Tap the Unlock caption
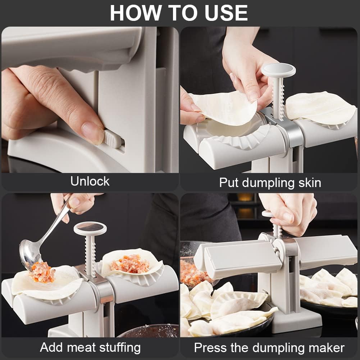(90, 181)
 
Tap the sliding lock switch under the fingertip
(113, 138)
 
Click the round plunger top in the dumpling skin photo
(278, 69)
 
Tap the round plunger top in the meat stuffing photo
(90, 228)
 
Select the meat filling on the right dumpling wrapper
(130, 264)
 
